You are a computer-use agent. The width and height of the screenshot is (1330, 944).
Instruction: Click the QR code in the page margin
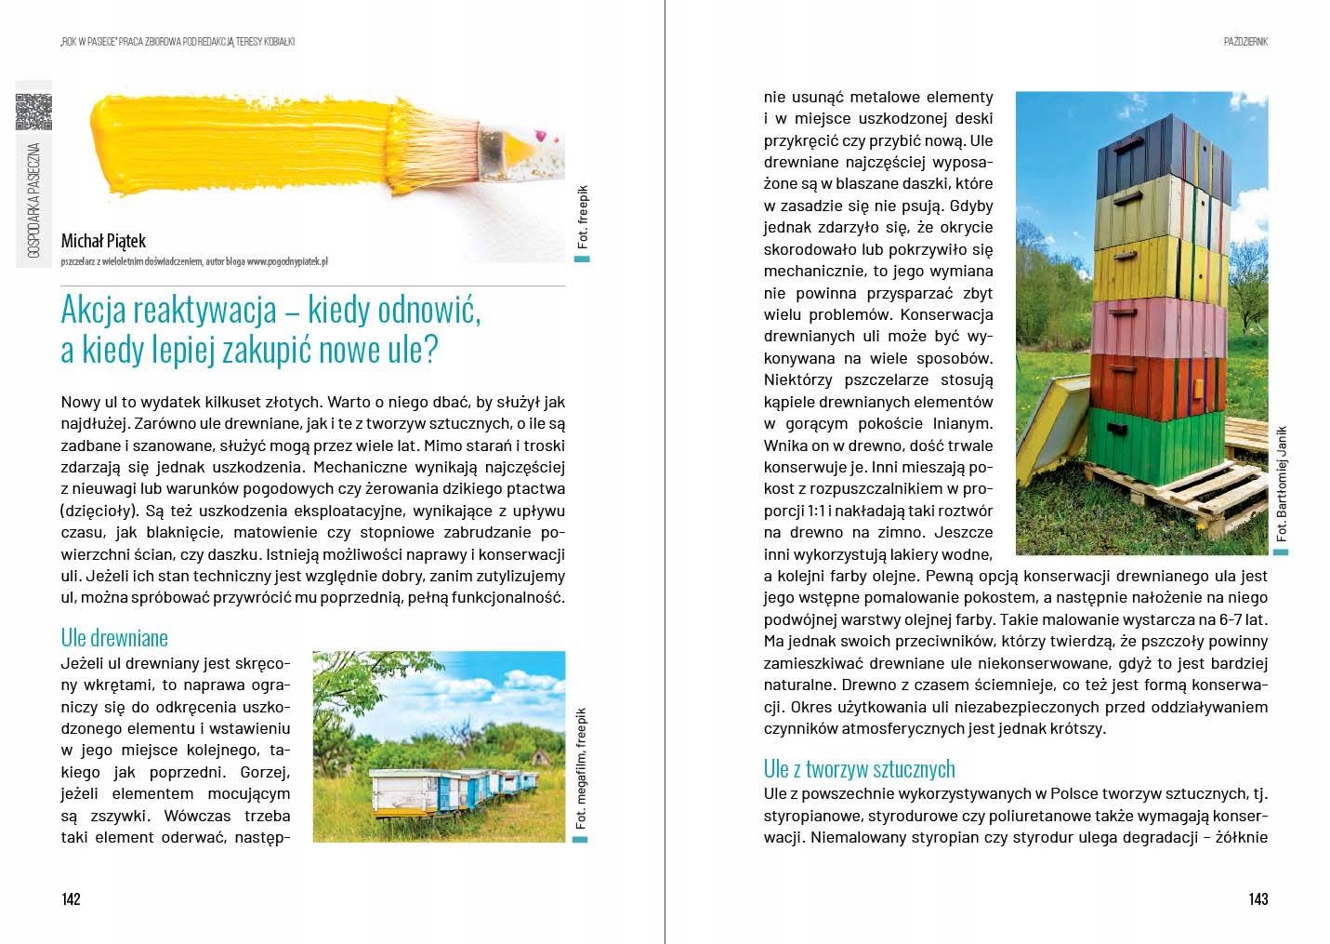pyautogui.click(x=33, y=112)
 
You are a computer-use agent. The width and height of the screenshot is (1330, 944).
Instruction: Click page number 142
pyautogui.click(x=71, y=898)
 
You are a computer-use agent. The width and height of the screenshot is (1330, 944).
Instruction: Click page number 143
pyautogui.click(x=1258, y=898)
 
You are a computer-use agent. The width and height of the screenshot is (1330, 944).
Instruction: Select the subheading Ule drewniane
pyautogui.click(x=114, y=638)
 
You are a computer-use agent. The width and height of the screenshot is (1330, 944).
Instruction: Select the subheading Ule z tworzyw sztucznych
pyautogui.click(x=859, y=769)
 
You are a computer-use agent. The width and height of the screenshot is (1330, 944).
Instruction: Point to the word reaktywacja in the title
pyautogui.click(x=217, y=310)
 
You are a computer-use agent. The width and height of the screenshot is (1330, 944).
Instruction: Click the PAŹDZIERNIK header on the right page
pyautogui.click(x=1245, y=41)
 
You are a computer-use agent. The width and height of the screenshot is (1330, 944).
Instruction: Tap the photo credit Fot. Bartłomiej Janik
pyautogui.click(x=1282, y=484)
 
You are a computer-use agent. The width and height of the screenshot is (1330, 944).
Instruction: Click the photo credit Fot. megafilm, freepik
pyautogui.click(x=581, y=768)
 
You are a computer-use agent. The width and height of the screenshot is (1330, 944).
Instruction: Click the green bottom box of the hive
pyautogui.click(x=1152, y=444)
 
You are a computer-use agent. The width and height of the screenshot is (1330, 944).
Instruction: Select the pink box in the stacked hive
pyautogui.click(x=1160, y=327)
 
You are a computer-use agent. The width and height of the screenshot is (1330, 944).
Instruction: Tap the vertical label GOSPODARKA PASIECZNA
pyautogui.click(x=33, y=199)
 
